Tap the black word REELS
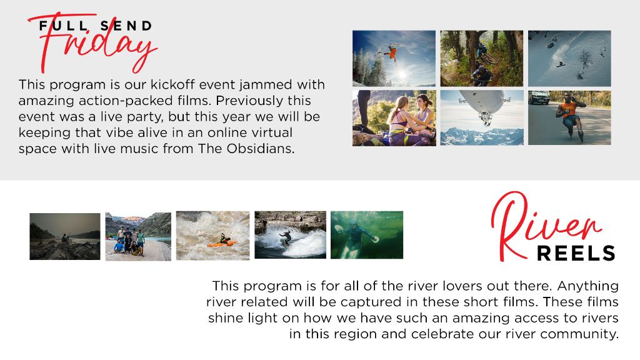576,254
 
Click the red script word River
546,226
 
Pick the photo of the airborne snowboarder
394,58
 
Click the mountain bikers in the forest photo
482,58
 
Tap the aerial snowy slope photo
569,58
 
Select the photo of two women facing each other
394,118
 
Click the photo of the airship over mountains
482,118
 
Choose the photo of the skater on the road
569,117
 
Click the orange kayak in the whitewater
222,244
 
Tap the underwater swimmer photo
366,235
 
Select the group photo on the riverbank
138,237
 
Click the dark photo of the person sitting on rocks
65,236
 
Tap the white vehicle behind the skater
538,97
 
